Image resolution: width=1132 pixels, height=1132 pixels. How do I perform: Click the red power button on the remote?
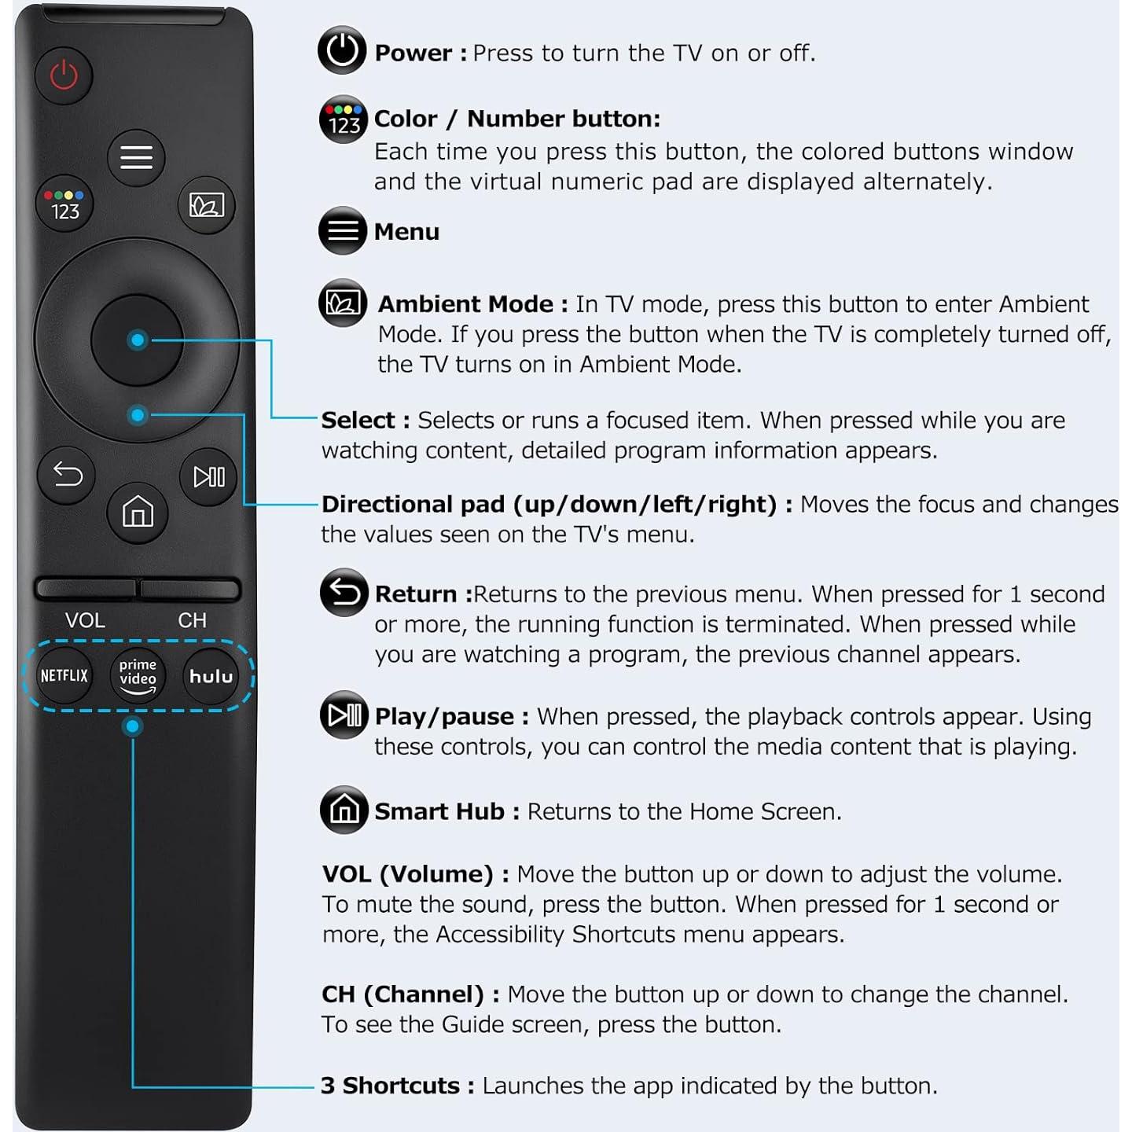pyautogui.click(x=64, y=75)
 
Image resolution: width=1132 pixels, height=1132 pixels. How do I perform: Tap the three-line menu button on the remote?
pyautogui.click(x=136, y=157)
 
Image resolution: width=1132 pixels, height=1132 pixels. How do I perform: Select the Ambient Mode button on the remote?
pyautogui.click(x=207, y=205)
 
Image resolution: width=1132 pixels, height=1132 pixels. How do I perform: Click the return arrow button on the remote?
pyautogui.click(x=67, y=475)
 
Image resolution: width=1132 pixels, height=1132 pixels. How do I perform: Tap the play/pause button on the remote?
pyautogui.click(x=208, y=476)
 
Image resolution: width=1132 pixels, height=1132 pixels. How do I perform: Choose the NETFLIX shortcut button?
pyautogui.click(x=64, y=675)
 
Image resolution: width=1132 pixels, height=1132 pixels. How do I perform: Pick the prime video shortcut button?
pyautogui.click(x=138, y=676)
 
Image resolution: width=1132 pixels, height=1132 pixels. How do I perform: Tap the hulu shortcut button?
pyautogui.click(x=211, y=676)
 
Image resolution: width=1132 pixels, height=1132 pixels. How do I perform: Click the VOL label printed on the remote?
pyautogui.click(x=85, y=620)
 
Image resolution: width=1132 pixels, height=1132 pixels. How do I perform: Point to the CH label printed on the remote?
pyautogui.click(x=192, y=620)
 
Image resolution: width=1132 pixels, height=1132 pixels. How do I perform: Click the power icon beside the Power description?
pyautogui.click(x=342, y=50)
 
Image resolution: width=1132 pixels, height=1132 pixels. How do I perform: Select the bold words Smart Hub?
pyautogui.click(x=439, y=811)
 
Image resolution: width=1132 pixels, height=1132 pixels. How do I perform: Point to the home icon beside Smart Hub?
pyautogui.click(x=344, y=810)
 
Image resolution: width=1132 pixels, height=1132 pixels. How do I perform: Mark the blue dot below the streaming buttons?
pyautogui.click(x=133, y=726)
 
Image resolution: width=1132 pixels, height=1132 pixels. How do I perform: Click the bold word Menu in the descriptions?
pyautogui.click(x=406, y=232)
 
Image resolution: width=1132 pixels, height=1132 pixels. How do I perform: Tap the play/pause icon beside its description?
pyautogui.click(x=344, y=715)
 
